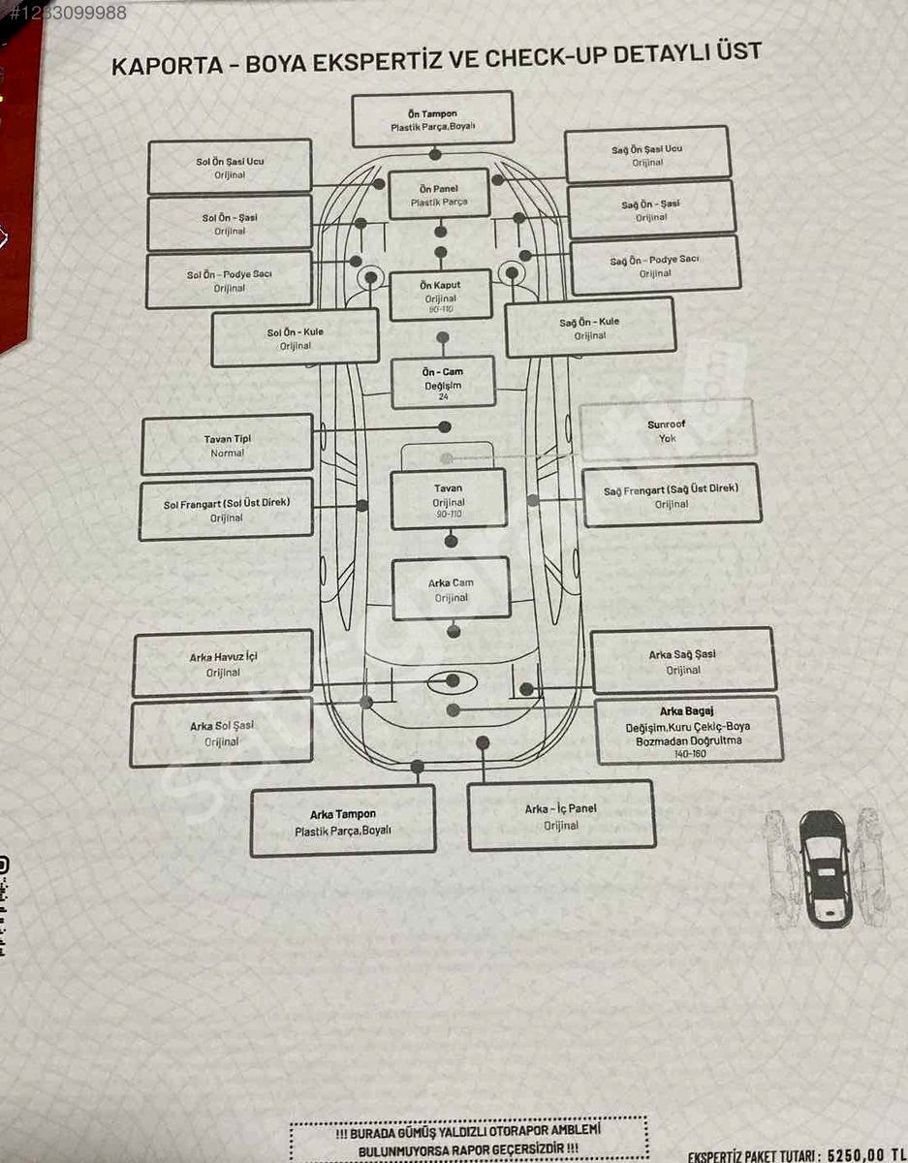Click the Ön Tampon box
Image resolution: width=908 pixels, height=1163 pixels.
[x=432, y=119]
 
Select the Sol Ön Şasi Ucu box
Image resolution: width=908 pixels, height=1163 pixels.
[x=230, y=167]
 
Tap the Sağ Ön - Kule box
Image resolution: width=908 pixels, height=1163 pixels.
[x=590, y=328]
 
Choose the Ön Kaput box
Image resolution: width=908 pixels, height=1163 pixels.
[x=440, y=296]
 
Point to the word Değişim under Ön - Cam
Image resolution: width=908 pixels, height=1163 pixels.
[x=443, y=386]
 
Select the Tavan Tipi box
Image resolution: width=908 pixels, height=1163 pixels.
[x=228, y=445]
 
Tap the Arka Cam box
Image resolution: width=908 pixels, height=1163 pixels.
[x=451, y=589]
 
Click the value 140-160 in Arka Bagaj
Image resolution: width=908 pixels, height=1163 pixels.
[x=690, y=754]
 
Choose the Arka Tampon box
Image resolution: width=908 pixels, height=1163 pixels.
[x=343, y=821]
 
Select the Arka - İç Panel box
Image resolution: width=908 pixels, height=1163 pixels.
[x=561, y=816]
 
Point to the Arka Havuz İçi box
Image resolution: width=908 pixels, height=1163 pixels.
[x=223, y=663]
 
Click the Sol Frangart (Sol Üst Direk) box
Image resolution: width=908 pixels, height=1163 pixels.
[x=227, y=509]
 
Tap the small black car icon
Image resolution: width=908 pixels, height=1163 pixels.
[x=824, y=866]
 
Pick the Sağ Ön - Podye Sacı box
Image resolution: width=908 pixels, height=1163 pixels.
[x=655, y=266]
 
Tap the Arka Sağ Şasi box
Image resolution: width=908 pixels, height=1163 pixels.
[x=683, y=661]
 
